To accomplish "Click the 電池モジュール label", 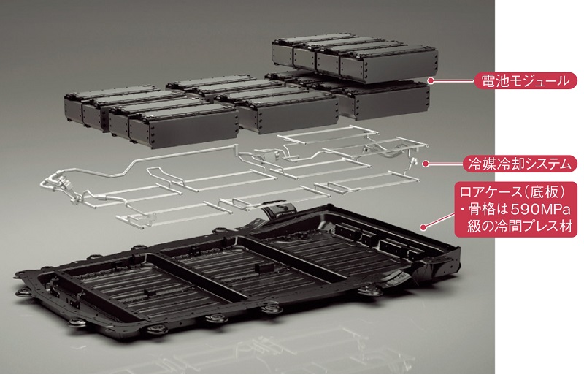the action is click(526, 80).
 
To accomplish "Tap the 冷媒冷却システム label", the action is click(520, 164).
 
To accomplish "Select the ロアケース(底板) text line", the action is click(513, 191).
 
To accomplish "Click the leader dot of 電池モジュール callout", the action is click(431, 80).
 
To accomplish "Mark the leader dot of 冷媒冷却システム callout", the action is click(426, 164).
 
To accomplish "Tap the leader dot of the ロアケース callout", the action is click(423, 227).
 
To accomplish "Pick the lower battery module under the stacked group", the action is click(384, 99).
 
